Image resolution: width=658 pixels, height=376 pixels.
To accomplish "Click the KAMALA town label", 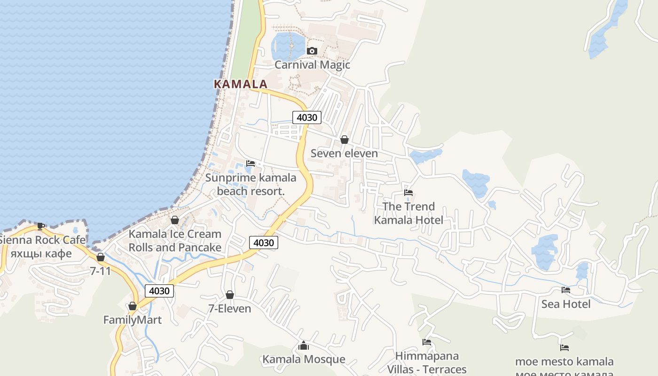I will (x=240, y=84).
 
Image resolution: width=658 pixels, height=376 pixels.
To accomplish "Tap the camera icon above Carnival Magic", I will (x=312, y=51).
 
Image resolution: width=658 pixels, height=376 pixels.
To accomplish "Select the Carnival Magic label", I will (x=312, y=64).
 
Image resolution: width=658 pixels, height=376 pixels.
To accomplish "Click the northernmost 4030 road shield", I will (x=307, y=117).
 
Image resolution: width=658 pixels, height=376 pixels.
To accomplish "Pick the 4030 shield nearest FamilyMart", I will (x=159, y=291).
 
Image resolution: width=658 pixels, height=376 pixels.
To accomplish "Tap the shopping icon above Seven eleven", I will (x=344, y=140).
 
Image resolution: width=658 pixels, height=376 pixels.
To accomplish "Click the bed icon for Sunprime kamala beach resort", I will (x=251, y=164).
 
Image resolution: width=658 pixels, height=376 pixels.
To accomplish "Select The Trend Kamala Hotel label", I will (x=408, y=213).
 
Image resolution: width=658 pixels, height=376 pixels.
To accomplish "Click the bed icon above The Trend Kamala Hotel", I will (x=408, y=192).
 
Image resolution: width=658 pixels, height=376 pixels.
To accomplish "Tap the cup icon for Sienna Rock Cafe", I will (x=41, y=226).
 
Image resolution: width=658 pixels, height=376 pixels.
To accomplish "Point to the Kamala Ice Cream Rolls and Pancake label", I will (x=175, y=240).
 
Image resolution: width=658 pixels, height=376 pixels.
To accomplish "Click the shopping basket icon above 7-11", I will (x=100, y=257).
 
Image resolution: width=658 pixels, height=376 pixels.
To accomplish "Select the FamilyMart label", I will (x=133, y=320).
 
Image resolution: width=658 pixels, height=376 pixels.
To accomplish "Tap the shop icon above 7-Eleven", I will (x=229, y=295).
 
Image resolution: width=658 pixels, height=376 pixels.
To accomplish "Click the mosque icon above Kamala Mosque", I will (x=303, y=346).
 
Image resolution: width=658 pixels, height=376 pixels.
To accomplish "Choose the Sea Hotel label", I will (x=566, y=304).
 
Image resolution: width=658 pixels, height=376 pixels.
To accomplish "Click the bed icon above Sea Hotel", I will (x=566, y=290).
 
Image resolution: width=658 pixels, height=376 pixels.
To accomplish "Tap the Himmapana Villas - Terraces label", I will (x=427, y=362).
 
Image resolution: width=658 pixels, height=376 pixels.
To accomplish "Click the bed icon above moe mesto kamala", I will (x=564, y=348).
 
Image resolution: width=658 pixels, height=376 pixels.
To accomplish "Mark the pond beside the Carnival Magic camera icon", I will (x=288, y=46).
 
